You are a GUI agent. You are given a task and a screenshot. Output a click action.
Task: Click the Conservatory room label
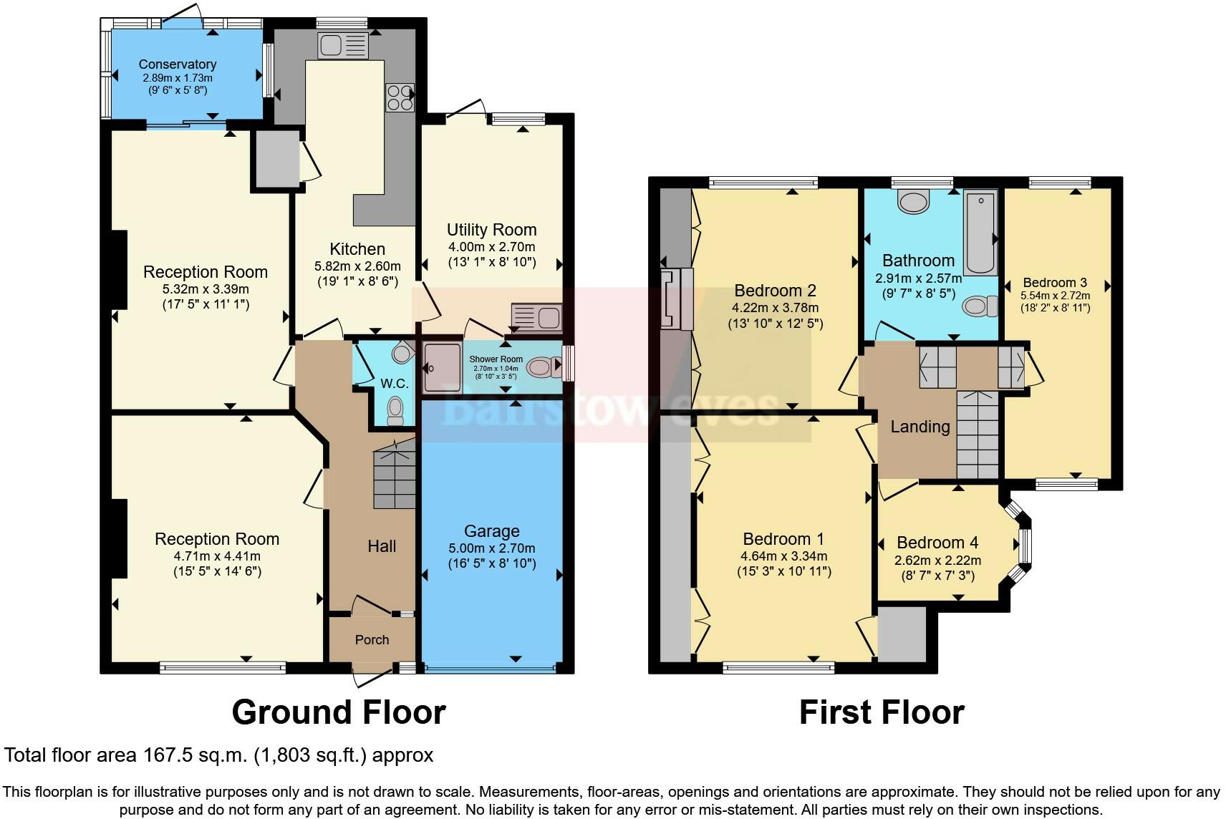[177, 64]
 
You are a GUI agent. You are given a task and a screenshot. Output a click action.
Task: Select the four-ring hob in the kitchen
[400, 97]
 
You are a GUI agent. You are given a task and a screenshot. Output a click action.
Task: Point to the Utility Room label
[491, 230]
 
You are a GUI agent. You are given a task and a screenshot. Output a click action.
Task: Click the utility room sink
[536, 316]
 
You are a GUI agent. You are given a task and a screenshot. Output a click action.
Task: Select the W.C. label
[395, 384]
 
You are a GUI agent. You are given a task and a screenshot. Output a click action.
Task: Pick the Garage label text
[491, 531]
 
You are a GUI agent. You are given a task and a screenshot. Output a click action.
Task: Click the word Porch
[372, 640]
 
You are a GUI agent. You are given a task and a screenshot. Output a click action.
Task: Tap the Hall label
[382, 546]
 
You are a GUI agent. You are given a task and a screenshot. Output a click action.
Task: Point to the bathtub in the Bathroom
[980, 233]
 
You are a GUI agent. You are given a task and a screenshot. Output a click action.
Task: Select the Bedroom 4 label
[937, 543]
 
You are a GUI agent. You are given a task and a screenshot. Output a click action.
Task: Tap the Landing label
[919, 427]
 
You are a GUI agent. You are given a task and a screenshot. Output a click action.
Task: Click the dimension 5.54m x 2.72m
[1055, 296]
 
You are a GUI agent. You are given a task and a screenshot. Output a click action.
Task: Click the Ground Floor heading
[339, 712]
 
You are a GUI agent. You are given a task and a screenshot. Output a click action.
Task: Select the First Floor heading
[881, 712]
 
